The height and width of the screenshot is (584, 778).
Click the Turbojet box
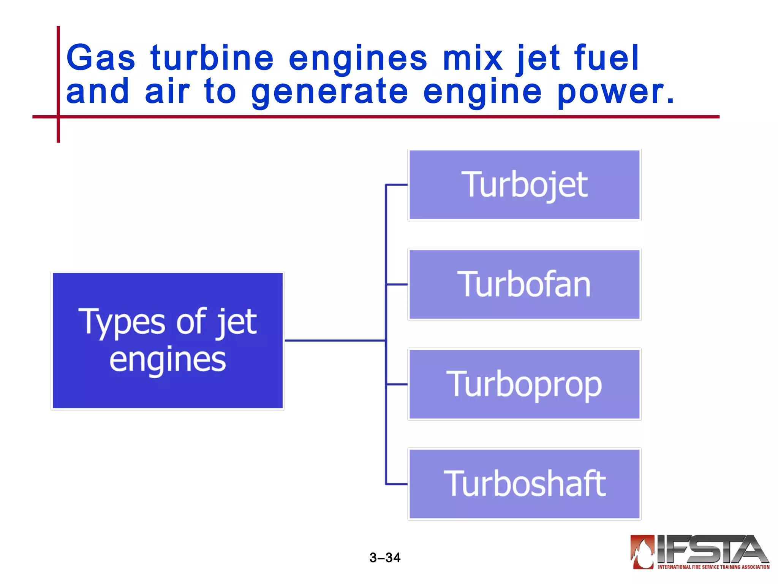(524, 185)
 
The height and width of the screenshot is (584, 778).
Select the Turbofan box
(524, 284)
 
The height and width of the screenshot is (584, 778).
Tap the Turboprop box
(524, 384)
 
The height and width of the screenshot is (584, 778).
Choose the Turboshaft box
(524, 484)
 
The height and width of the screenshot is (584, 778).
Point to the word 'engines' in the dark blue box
(168, 360)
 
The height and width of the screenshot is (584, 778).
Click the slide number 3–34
(385, 557)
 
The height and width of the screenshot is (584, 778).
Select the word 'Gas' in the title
(101, 58)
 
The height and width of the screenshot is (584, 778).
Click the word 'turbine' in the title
(212, 58)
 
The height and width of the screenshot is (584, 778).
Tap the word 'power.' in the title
(615, 92)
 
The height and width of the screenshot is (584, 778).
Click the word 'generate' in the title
(330, 92)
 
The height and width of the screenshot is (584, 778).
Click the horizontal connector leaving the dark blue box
(334, 340)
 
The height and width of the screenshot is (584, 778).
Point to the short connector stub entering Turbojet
(397, 185)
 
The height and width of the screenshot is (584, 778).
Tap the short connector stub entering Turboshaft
(397, 484)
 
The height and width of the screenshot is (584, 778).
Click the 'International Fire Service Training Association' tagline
(713, 567)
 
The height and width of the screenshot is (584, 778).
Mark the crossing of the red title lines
(59, 117)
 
